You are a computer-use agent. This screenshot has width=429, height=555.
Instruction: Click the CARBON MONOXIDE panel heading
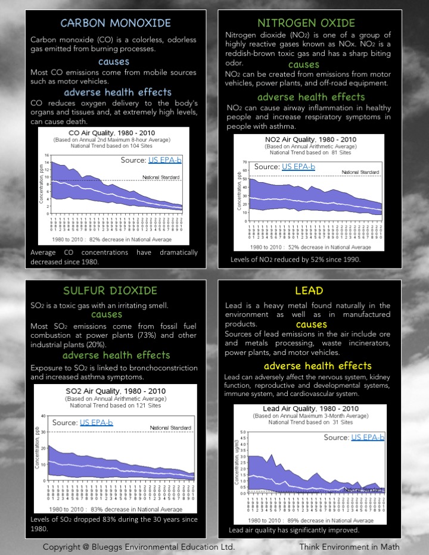[x=116, y=24]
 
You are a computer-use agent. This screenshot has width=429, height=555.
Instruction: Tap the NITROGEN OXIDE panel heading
[x=306, y=24]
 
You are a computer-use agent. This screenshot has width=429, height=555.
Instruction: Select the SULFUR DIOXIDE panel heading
[x=110, y=291]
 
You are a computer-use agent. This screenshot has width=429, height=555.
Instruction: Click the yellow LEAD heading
[x=309, y=291]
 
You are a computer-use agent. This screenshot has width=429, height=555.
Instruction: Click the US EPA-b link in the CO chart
[x=163, y=160]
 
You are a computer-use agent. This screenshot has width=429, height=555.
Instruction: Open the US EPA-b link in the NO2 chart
[x=299, y=167]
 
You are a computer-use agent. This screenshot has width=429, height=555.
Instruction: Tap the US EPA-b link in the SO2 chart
[x=96, y=422]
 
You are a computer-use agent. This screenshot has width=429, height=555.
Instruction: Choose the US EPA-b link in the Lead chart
[x=368, y=437]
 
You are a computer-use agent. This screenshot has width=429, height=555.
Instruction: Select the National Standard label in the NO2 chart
[x=360, y=172]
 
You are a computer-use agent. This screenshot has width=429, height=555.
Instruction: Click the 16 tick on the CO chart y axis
[x=47, y=155]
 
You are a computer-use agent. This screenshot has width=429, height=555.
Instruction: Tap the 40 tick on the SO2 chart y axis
[x=43, y=416]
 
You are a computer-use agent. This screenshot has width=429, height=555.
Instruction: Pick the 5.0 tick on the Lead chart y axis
[x=243, y=432]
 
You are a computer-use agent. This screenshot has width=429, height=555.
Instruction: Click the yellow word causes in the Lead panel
[x=311, y=325]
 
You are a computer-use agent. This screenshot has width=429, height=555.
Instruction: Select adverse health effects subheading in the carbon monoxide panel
[x=117, y=92]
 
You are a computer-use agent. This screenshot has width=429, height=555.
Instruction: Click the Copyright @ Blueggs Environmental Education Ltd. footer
[x=138, y=547]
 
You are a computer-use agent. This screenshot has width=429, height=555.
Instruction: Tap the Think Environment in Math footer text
[x=349, y=547]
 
